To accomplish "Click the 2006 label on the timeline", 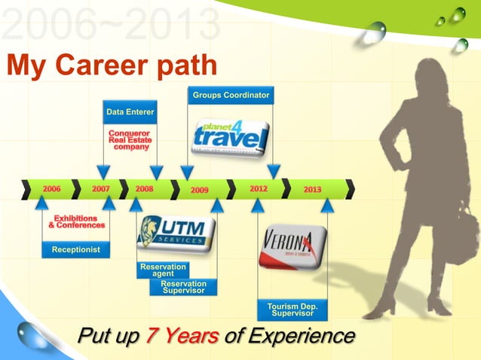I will (52, 189).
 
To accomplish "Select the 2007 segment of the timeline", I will (101, 189).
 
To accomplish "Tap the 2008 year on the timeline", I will (145, 189).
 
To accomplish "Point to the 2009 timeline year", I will (199, 190).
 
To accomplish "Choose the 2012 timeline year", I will (259, 189).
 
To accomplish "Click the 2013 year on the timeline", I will (312, 189).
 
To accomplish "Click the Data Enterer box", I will (130, 112).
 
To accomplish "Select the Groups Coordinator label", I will (231, 96).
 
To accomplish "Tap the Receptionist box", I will (75, 249).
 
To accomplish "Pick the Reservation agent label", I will (163, 270).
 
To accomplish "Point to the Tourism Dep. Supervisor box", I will (293, 310).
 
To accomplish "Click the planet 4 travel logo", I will (230, 136).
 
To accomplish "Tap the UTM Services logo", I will (175, 234).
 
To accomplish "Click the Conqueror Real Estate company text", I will (130, 140).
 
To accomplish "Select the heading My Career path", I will (112, 66).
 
